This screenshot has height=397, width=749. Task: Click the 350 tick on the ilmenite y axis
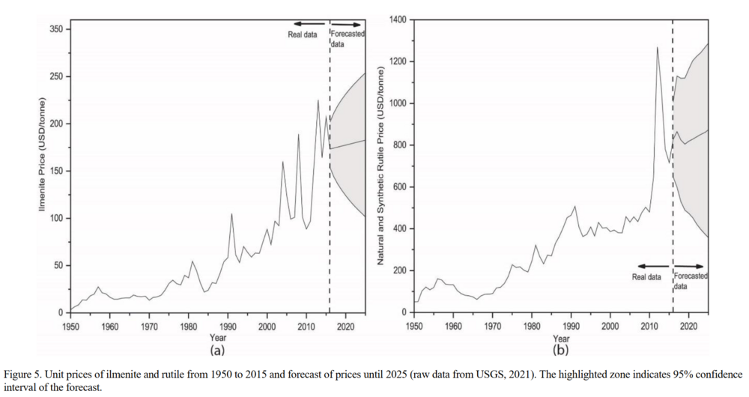[x=59, y=29]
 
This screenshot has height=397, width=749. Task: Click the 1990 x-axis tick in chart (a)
[x=228, y=326]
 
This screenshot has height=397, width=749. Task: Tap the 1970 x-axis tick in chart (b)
[x=492, y=326]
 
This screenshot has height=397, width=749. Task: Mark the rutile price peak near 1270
[x=658, y=47]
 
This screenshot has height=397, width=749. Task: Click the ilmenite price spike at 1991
[x=231, y=214]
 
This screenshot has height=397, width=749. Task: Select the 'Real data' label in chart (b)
[x=646, y=277]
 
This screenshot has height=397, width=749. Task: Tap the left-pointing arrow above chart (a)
[x=309, y=25]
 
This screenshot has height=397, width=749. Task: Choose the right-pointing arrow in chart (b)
[x=691, y=266]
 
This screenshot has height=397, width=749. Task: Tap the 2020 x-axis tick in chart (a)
[x=345, y=326]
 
